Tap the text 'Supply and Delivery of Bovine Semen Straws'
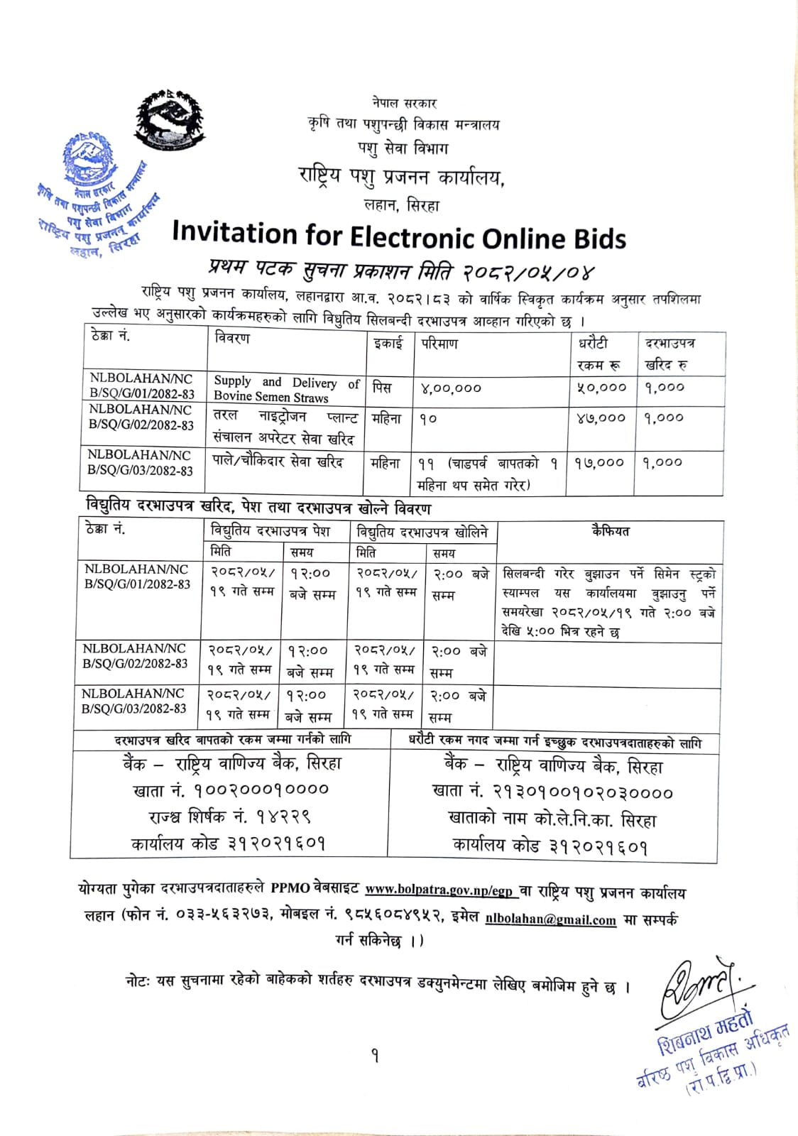(x=286, y=389)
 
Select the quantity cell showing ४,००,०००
(x=451, y=388)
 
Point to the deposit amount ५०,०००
(x=601, y=388)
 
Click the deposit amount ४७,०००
(x=601, y=418)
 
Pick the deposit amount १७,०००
(x=600, y=463)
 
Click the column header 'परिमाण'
(x=439, y=344)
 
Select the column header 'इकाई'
(x=388, y=344)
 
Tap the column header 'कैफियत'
(x=610, y=531)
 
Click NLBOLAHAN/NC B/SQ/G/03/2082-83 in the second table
(x=134, y=701)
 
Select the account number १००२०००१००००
(x=231, y=790)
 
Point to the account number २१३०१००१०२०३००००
(x=552, y=792)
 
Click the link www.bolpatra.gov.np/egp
(x=439, y=890)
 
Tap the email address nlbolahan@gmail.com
(x=551, y=919)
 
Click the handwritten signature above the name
(x=696, y=987)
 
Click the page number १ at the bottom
(x=375, y=1056)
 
